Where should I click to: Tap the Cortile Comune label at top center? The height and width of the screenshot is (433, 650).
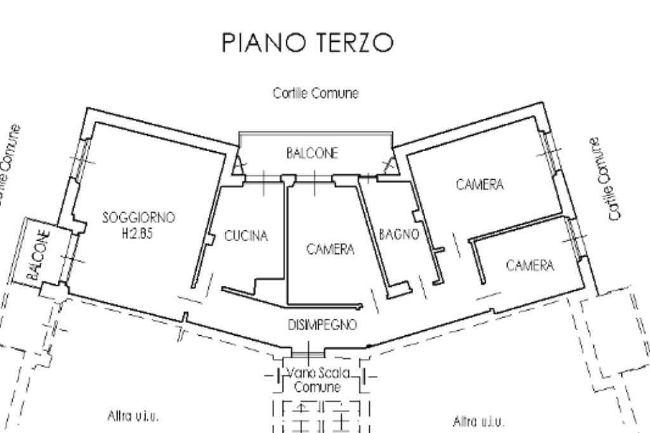click(x=315, y=93)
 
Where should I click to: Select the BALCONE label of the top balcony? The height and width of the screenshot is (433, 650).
click(x=312, y=153)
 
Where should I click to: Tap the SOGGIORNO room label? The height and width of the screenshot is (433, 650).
click(x=138, y=217)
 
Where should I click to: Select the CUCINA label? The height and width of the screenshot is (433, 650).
click(x=246, y=236)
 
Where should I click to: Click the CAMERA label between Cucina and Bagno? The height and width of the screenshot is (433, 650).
click(x=330, y=250)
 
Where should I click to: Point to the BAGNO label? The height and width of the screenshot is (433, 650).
click(x=399, y=234)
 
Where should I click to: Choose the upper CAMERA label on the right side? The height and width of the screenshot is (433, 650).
click(x=480, y=185)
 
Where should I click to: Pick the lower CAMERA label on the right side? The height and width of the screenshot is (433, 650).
click(x=529, y=265)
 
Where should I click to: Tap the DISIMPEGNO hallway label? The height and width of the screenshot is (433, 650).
click(x=322, y=325)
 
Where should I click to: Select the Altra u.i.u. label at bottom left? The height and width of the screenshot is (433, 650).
click(x=132, y=416)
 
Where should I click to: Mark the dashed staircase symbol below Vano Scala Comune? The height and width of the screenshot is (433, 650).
click(x=321, y=416)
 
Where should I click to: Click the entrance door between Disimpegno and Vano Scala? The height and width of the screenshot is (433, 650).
click(x=307, y=350)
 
